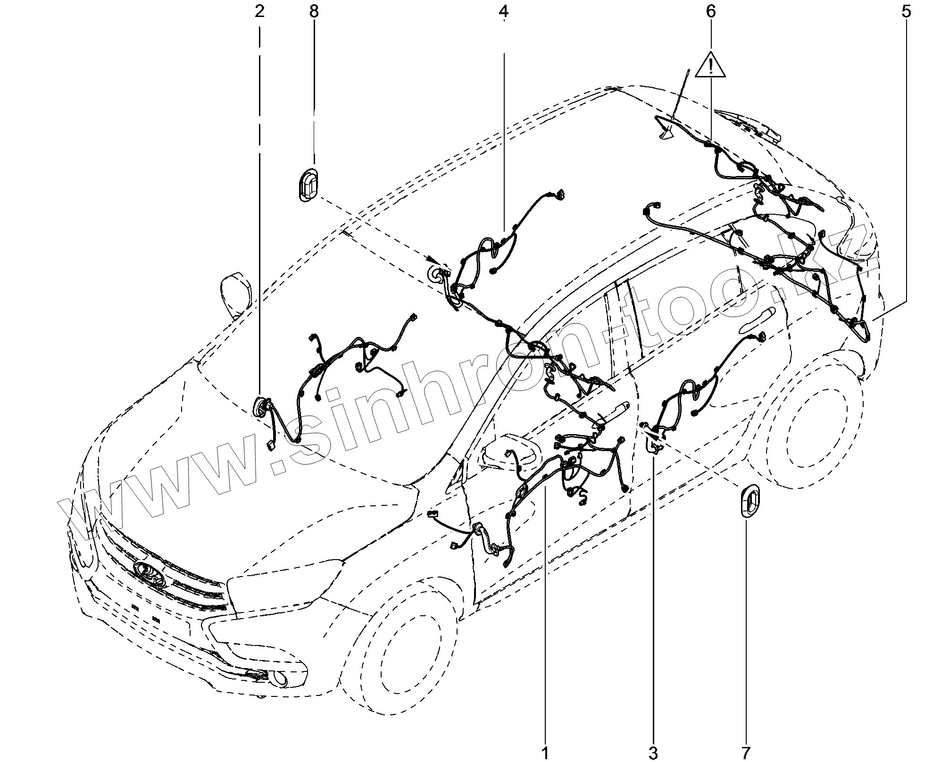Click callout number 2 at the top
tap(259, 12)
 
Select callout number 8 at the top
tap(314, 12)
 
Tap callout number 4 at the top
tap(503, 12)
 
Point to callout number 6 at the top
tap(710, 12)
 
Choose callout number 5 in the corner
tap(906, 12)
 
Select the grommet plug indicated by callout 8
tap(308, 184)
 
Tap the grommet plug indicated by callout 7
tap(749, 501)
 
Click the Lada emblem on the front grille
tap(149, 572)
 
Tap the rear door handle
tap(755, 319)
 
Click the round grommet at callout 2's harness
tap(261, 407)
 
